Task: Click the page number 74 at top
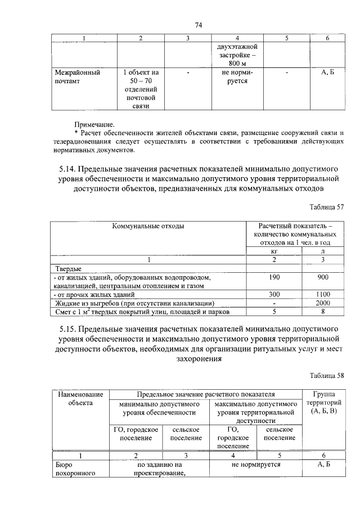(x=198, y=25)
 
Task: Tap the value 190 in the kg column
(x=274, y=277)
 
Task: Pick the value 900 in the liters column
(x=323, y=277)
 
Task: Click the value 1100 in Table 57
(x=323, y=294)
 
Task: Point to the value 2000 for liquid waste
(x=323, y=303)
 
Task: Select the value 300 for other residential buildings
(x=274, y=294)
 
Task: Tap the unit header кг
(x=274, y=251)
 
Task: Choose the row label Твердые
(x=66, y=269)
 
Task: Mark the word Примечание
(x=94, y=124)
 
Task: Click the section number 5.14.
(x=69, y=168)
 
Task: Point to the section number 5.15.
(x=69, y=327)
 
